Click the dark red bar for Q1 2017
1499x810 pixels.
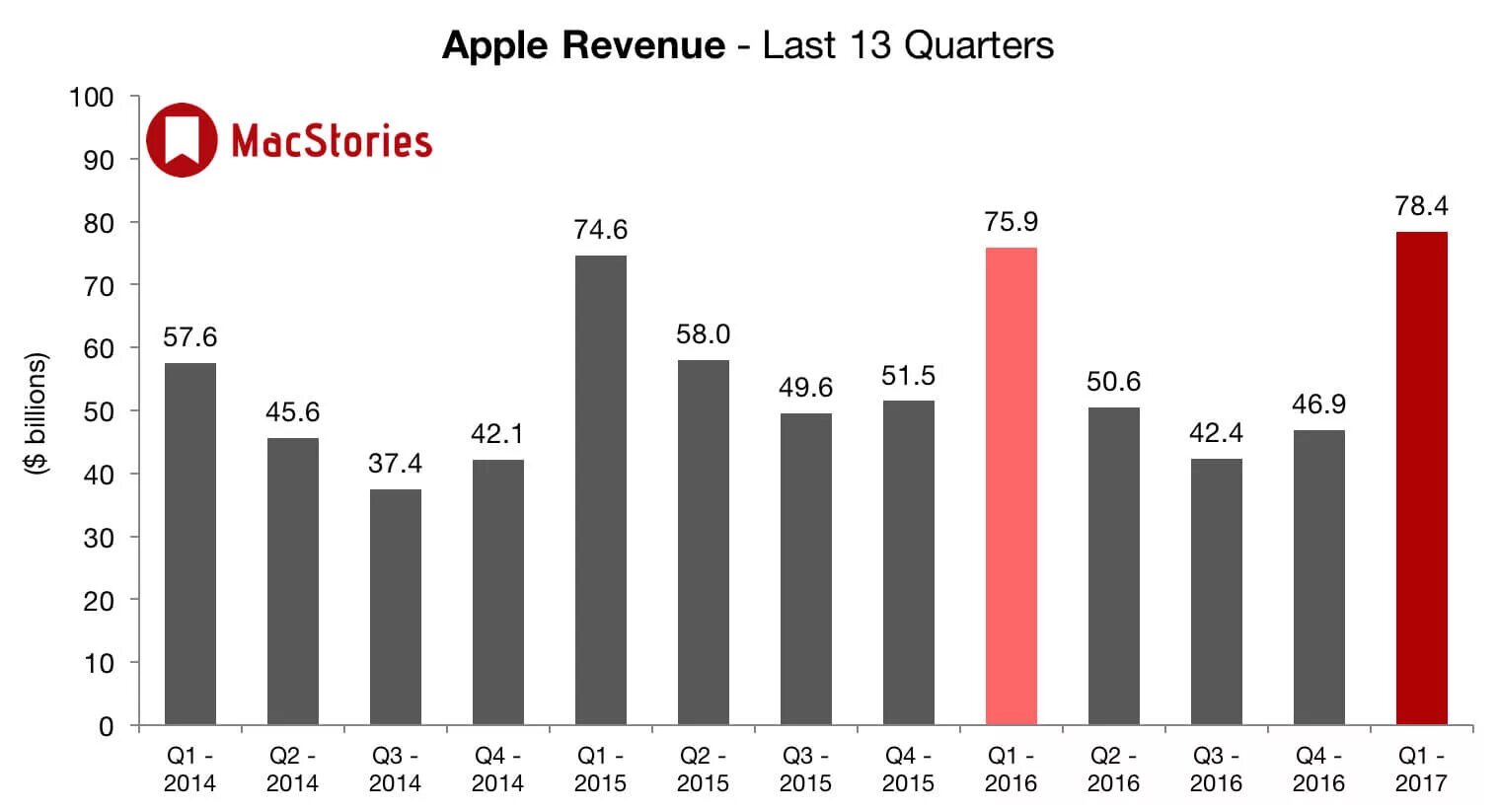click(1421, 479)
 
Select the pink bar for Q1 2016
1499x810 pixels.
click(1011, 486)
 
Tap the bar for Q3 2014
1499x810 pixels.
click(395, 607)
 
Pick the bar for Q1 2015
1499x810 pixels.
click(600, 490)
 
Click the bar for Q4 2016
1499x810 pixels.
click(1318, 577)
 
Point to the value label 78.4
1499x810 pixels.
click(1421, 206)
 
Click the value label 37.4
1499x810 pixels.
click(395, 463)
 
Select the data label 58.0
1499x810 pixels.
click(703, 334)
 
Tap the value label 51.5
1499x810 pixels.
click(908, 376)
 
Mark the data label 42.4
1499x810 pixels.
click(1216, 433)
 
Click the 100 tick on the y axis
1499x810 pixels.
click(91, 98)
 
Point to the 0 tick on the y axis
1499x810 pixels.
click(106, 727)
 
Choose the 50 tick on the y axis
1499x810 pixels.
click(98, 411)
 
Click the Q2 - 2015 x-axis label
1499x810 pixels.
click(703, 770)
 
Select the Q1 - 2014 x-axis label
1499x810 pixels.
click(189, 770)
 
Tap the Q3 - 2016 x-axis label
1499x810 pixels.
click(1216, 770)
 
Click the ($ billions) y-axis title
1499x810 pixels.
click(36, 412)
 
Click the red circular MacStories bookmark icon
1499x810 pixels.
click(181, 140)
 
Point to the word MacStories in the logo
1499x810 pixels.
click(332, 142)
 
